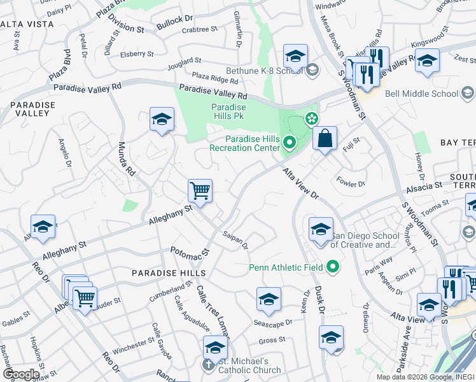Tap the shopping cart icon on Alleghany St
click(x=200, y=190)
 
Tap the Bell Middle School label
click(x=421, y=94)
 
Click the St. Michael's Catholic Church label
click(x=249, y=365)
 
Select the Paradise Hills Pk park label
click(x=228, y=112)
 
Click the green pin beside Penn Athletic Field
click(x=333, y=267)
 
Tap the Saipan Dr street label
click(x=235, y=240)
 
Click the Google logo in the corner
click(x=21, y=374)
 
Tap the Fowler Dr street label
click(x=351, y=183)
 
